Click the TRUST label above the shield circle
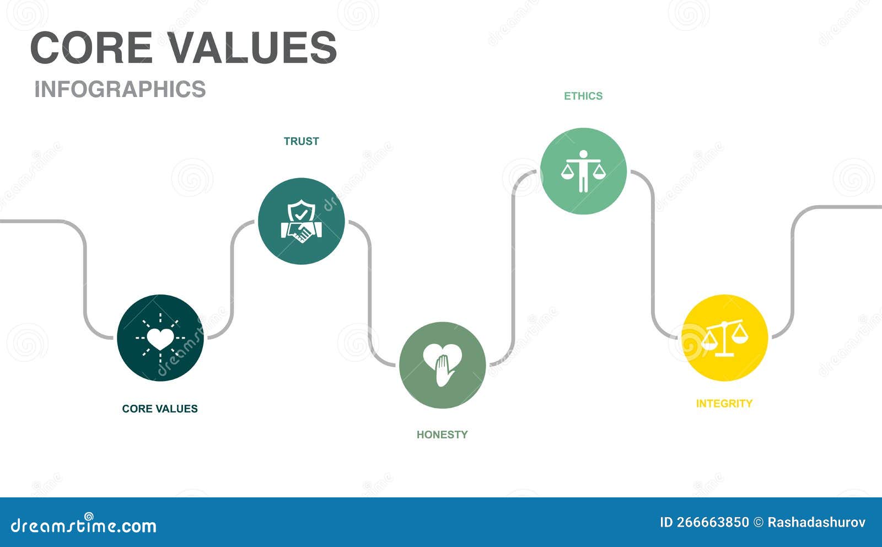(x=301, y=141)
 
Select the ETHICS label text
(x=583, y=96)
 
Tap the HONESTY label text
(x=442, y=435)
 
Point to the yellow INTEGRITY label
(x=724, y=403)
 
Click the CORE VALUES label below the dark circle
(x=160, y=409)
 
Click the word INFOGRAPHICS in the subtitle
(x=120, y=89)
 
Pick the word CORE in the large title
(x=92, y=47)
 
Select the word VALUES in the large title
(x=253, y=47)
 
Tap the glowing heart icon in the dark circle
(x=160, y=338)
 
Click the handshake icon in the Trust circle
(x=302, y=232)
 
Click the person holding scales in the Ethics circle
(x=583, y=171)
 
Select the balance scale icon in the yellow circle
(x=724, y=338)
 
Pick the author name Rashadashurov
(x=816, y=522)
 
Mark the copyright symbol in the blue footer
(x=759, y=522)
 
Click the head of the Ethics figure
(x=584, y=154)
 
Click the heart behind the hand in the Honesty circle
(x=442, y=355)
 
